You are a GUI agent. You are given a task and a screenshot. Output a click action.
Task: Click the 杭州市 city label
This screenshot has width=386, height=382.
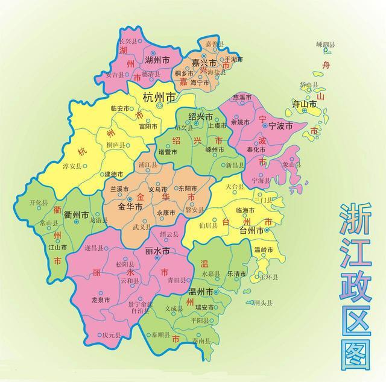159,97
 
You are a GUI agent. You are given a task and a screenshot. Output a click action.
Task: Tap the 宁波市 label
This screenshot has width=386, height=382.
280,126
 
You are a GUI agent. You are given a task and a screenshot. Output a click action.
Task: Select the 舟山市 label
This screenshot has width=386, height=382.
305,104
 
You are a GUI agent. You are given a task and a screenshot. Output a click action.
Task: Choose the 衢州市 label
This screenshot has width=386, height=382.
77,215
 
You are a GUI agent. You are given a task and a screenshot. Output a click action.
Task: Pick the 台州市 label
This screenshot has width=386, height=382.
252,231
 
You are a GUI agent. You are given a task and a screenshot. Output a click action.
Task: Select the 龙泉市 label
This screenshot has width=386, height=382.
101,299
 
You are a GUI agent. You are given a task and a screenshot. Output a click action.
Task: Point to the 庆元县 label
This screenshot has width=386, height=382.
112,335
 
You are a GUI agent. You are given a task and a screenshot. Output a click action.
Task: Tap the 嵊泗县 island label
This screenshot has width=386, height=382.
326,45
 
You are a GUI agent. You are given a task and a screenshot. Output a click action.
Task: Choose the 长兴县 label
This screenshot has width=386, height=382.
129,40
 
